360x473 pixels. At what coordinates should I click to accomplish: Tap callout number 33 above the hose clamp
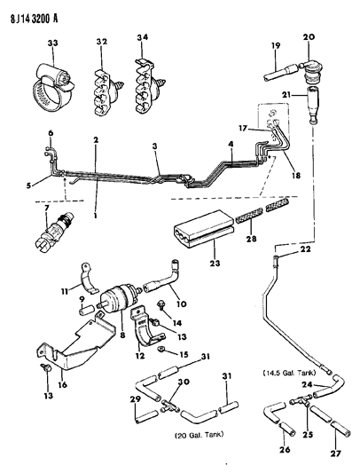tap(51, 42)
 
